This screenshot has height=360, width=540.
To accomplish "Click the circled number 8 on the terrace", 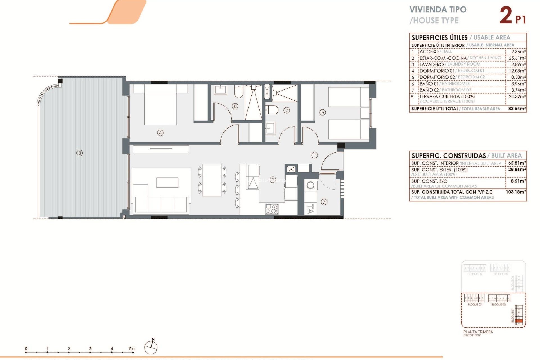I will coord(80,153).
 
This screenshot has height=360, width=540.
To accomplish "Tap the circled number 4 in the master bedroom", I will coord(160,133).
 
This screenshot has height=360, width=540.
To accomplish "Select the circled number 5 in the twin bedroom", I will coord(323,112).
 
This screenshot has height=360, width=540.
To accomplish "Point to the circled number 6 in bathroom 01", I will coord(235,106).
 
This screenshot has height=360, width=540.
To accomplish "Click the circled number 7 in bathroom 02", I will coord(287,110).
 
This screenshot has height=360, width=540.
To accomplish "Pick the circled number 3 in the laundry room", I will coord(324,202).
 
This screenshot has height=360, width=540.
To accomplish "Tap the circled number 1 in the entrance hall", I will coord(314,155).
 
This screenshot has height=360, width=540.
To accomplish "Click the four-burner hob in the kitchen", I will coord(272,209).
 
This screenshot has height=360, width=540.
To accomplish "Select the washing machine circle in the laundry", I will coord(310,185).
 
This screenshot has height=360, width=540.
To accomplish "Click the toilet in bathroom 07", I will coord(272,110).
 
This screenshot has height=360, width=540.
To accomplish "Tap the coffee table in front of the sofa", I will coord(167,183).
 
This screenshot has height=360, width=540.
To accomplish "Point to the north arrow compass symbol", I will coord(151,347).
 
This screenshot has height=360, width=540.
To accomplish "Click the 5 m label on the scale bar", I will coord(132,349).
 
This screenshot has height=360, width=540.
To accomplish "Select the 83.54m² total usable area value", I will coord(517,109).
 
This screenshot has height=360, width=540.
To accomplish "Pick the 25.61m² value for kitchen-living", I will coord(517,58).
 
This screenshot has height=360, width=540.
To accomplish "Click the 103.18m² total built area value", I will coord(516,192).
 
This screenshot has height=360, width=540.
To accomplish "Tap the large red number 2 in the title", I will coord(506,15).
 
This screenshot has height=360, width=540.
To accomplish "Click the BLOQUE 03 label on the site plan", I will coord(474,305).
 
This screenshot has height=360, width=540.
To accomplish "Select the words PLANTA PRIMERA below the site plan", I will coord(478,332).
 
